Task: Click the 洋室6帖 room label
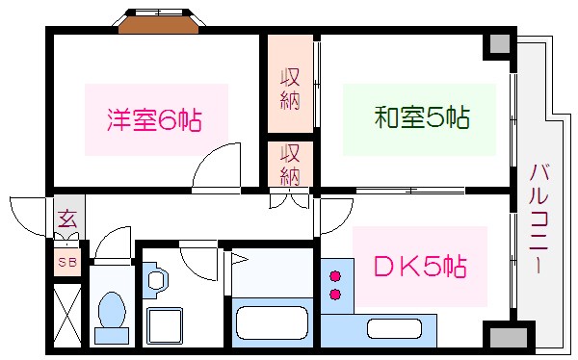pos(155,120)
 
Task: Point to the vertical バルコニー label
pos(535,219)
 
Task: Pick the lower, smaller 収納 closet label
pos(290,164)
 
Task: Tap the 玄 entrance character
pos(66,219)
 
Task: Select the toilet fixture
pos(112,317)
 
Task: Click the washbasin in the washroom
pos(157,280)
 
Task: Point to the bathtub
pos(271,321)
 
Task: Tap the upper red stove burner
pos(336,275)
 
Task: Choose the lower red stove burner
pos(336,294)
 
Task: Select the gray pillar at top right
pos(497,44)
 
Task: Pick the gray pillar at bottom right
pos(497,337)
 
